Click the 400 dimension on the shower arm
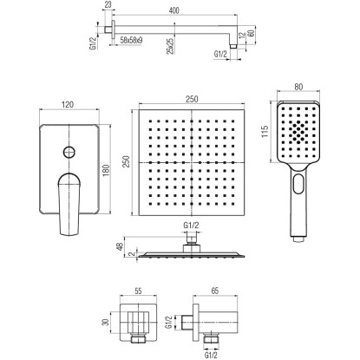173,10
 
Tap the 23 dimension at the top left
108,4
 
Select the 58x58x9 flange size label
131,41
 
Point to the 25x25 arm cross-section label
171,46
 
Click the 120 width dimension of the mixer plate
68,104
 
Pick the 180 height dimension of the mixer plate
106,170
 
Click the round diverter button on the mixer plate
69,152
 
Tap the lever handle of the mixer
69,204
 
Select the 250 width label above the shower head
192,99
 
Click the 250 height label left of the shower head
127,162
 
